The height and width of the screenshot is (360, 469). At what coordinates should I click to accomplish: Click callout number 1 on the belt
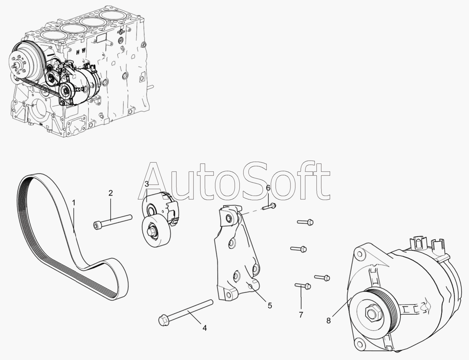point(73,202)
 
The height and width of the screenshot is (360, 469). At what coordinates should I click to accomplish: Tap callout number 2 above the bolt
point(110,193)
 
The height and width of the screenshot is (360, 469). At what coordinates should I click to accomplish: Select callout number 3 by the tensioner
point(146,184)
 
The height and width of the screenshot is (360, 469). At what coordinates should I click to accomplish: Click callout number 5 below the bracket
point(270,305)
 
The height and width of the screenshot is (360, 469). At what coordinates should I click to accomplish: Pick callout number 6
point(268,188)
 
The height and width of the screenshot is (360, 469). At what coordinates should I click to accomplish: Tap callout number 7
point(300,315)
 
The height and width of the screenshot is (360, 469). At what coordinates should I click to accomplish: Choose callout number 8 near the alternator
point(329,321)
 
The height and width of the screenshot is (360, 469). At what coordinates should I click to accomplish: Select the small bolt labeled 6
point(269,207)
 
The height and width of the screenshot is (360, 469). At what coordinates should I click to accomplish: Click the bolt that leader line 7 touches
point(302,285)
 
